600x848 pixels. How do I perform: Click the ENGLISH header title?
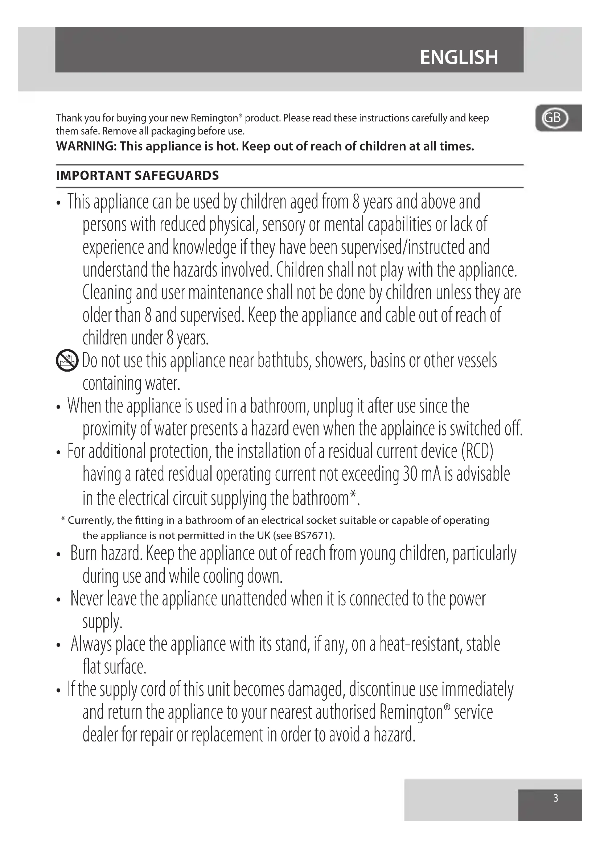pyautogui.click(x=459, y=57)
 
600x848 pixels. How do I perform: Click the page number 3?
pyautogui.click(x=555, y=798)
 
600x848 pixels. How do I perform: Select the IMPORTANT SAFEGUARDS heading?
pyautogui.click(x=137, y=175)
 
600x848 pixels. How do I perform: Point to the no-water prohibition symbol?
pyautogui.click(x=67, y=360)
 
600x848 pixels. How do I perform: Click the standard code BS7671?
pyautogui.click(x=313, y=535)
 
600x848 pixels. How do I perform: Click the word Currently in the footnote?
pyautogui.click(x=91, y=520)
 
